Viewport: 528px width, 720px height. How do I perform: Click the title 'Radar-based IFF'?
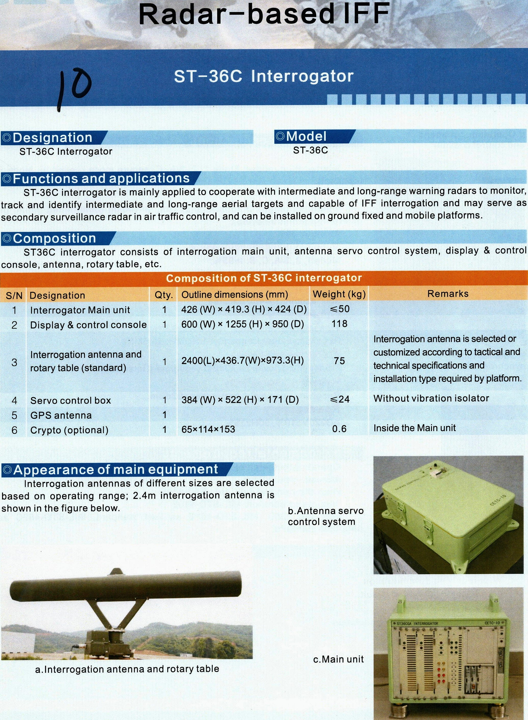click(x=264, y=14)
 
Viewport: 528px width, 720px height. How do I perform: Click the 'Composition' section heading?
click(x=55, y=238)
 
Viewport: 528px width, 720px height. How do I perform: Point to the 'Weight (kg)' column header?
click(x=339, y=294)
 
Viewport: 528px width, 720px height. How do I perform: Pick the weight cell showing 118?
click(x=339, y=324)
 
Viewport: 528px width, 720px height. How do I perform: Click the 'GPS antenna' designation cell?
click(x=61, y=415)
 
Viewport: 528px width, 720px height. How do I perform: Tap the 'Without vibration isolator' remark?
click(x=431, y=398)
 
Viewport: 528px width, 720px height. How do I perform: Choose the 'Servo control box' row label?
click(x=70, y=400)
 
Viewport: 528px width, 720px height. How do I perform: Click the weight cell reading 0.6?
click(x=339, y=429)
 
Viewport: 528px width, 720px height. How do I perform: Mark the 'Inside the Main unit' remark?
click(x=414, y=428)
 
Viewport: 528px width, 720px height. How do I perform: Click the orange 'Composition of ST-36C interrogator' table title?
click(x=264, y=278)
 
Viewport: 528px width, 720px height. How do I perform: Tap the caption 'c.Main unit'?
click(x=338, y=659)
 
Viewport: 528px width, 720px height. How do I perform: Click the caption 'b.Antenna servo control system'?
click(x=325, y=516)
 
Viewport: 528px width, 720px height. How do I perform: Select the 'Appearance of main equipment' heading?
click(x=116, y=469)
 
